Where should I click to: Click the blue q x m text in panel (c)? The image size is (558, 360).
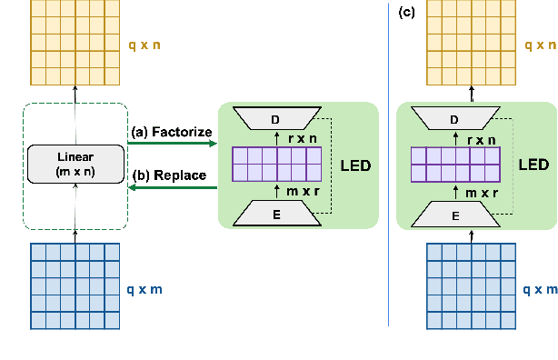pos(540,289)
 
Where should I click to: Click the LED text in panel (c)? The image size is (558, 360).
pos(533,165)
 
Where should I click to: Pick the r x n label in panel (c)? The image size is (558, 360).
pos(481,139)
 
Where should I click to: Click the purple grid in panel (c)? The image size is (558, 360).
pos(457,165)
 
